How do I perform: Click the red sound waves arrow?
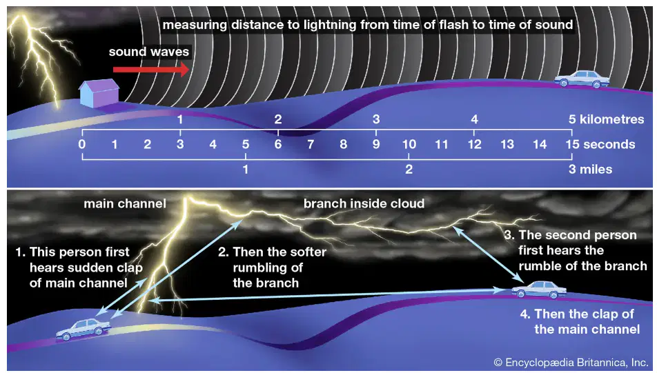151,69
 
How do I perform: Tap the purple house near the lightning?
99,93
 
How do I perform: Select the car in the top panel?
582,79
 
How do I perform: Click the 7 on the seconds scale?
311,144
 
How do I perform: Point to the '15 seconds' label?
600,144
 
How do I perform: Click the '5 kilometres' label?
606,119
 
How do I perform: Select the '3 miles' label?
590,170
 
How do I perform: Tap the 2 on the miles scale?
409,170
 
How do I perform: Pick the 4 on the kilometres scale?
474,119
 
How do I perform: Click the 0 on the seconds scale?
82,144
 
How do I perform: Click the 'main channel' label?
125,204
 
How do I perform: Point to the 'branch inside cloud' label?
364,203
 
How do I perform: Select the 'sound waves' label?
149,52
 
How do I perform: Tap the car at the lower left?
84,329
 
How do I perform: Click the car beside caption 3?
539,290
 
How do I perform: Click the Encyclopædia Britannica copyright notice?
571,363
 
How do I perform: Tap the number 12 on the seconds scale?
474,144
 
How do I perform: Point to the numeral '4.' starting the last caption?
525,314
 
